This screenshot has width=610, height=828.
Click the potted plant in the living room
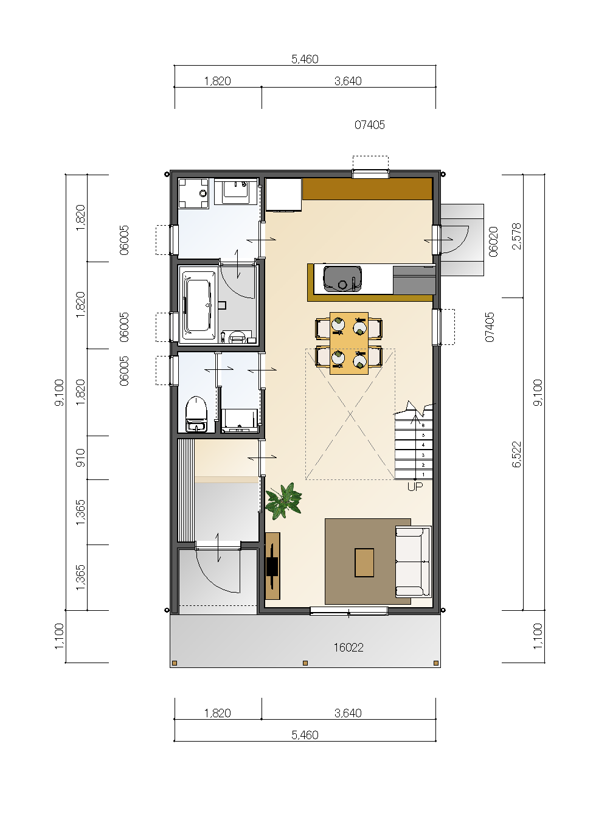point(284,501)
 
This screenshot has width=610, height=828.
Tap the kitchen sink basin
point(342,279)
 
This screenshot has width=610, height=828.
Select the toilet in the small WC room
point(196,414)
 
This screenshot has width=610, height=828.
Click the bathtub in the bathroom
point(198,305)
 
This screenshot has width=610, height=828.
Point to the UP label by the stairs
point(415,487)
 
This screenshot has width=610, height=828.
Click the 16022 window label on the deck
point(348,647)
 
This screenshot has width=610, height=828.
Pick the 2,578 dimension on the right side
point(516,236)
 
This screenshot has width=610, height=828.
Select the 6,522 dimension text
point(516,454)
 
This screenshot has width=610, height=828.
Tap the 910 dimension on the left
point(80,457)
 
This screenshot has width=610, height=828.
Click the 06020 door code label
point(494,242)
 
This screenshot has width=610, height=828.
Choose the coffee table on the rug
point(364,563)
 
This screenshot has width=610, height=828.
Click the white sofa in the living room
point(414,562)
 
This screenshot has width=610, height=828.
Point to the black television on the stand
point(272,566)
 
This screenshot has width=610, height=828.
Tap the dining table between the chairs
point(348,343)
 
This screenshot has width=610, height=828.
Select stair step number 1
point(423,475)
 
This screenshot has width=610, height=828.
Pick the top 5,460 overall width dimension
point(305,59)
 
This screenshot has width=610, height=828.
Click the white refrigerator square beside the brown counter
point(283,195)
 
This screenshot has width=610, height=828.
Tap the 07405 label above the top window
point(370,125)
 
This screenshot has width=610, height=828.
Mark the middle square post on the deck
point(305,663)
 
